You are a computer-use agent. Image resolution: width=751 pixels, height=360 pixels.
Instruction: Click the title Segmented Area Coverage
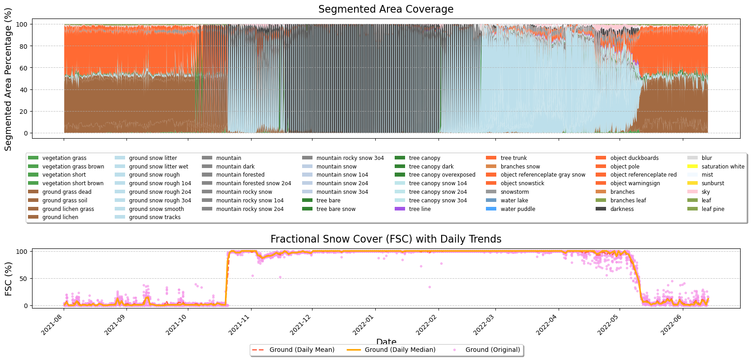(x=386, y=9)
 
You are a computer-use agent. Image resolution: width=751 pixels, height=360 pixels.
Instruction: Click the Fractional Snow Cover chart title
(x=386, y=239)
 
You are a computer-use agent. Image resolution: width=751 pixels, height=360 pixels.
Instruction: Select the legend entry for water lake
(x=514, y=201)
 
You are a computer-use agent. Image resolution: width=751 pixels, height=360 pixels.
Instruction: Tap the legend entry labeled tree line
(x=420, y=209)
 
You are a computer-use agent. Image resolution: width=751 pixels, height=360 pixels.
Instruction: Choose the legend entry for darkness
(x=622, y=209)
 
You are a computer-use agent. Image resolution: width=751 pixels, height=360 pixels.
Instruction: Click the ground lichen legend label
(x=60, y=217)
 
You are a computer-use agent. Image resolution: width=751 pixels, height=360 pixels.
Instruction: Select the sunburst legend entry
(x=713, y=183)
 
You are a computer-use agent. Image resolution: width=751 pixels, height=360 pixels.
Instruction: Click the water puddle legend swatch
(x=491, y=209)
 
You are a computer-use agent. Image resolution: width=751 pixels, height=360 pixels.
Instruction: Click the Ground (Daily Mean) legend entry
(x=302, y=350)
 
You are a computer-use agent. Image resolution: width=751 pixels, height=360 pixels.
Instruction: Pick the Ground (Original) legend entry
(x=492, y=350)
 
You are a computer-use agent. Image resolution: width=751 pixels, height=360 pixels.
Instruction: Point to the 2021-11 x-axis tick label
(x=239, y=324)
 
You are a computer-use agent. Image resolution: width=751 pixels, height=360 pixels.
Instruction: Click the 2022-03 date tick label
(x=484, y=324)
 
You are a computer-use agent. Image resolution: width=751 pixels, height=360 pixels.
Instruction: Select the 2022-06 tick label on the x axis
(x=671, y=324)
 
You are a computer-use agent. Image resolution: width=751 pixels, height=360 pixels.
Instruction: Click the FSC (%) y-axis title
(x=8, y=279)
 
